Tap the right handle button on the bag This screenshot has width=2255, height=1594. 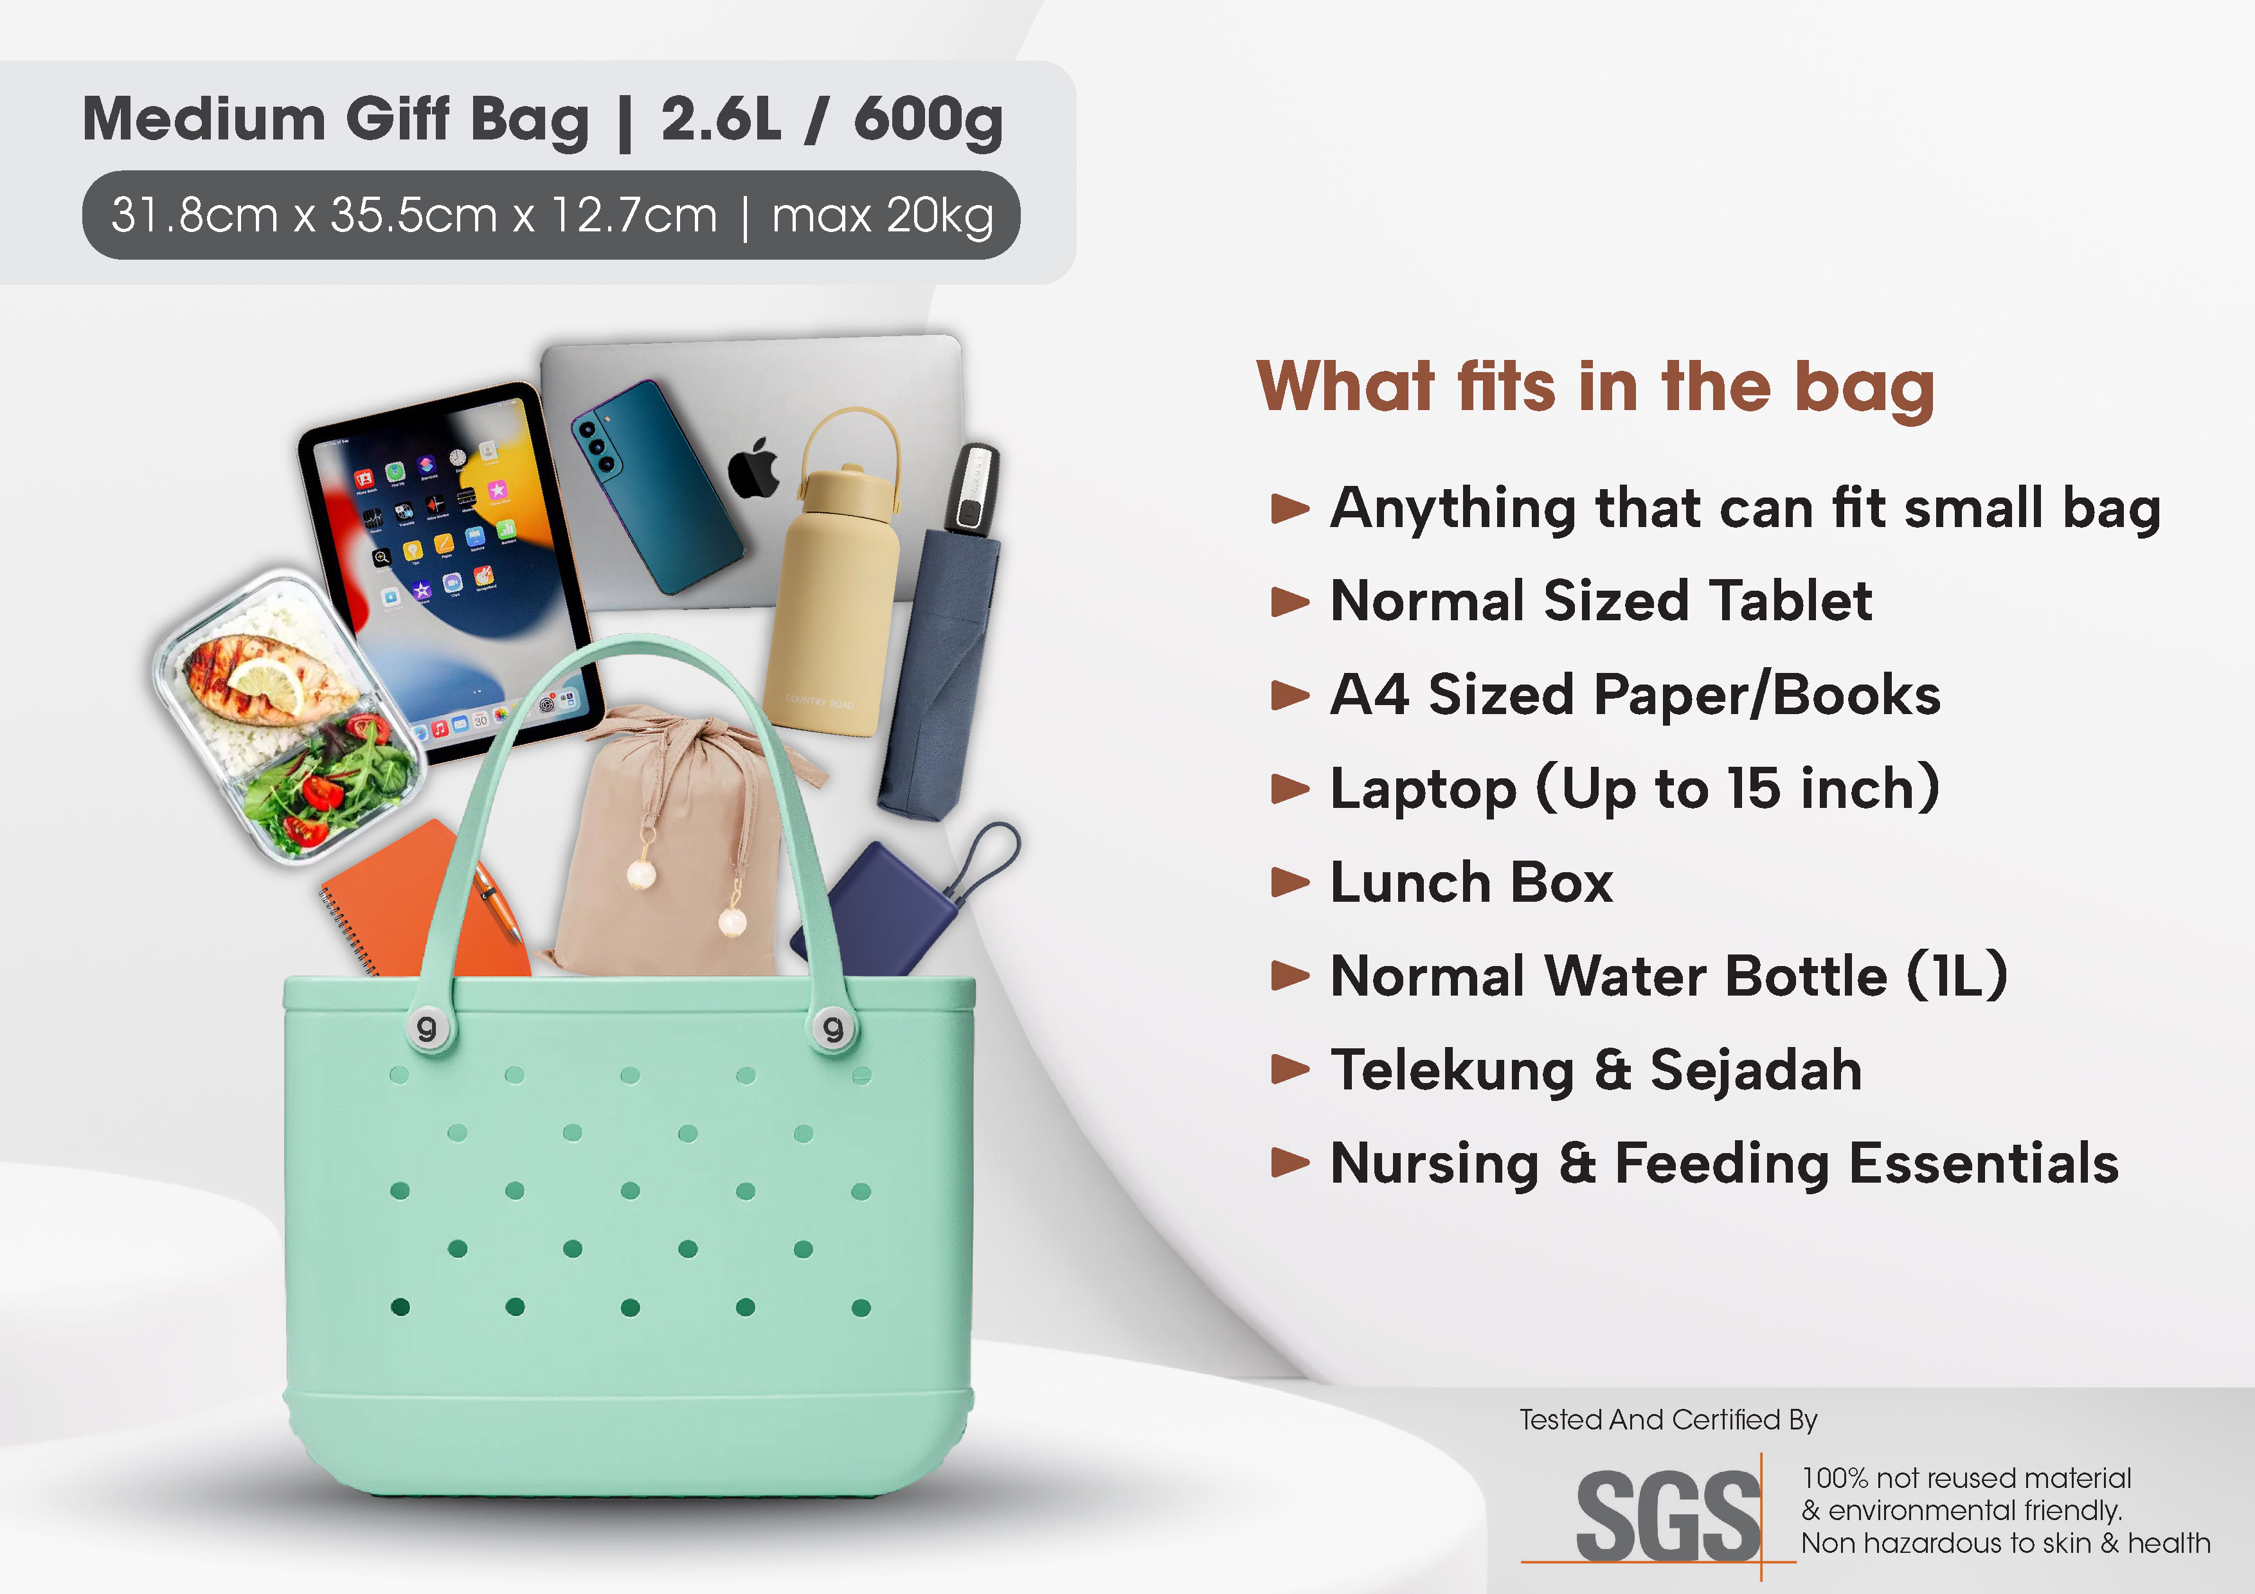tap(834, 1028)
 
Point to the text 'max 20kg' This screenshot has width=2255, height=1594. tap(882, 215)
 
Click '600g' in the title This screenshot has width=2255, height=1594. tap(928, 120)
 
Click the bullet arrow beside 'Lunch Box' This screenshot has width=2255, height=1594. tap(1289, 882)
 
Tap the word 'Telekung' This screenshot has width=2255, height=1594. tap(1451, 1071)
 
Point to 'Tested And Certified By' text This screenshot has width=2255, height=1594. tap(1667, 1419)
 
